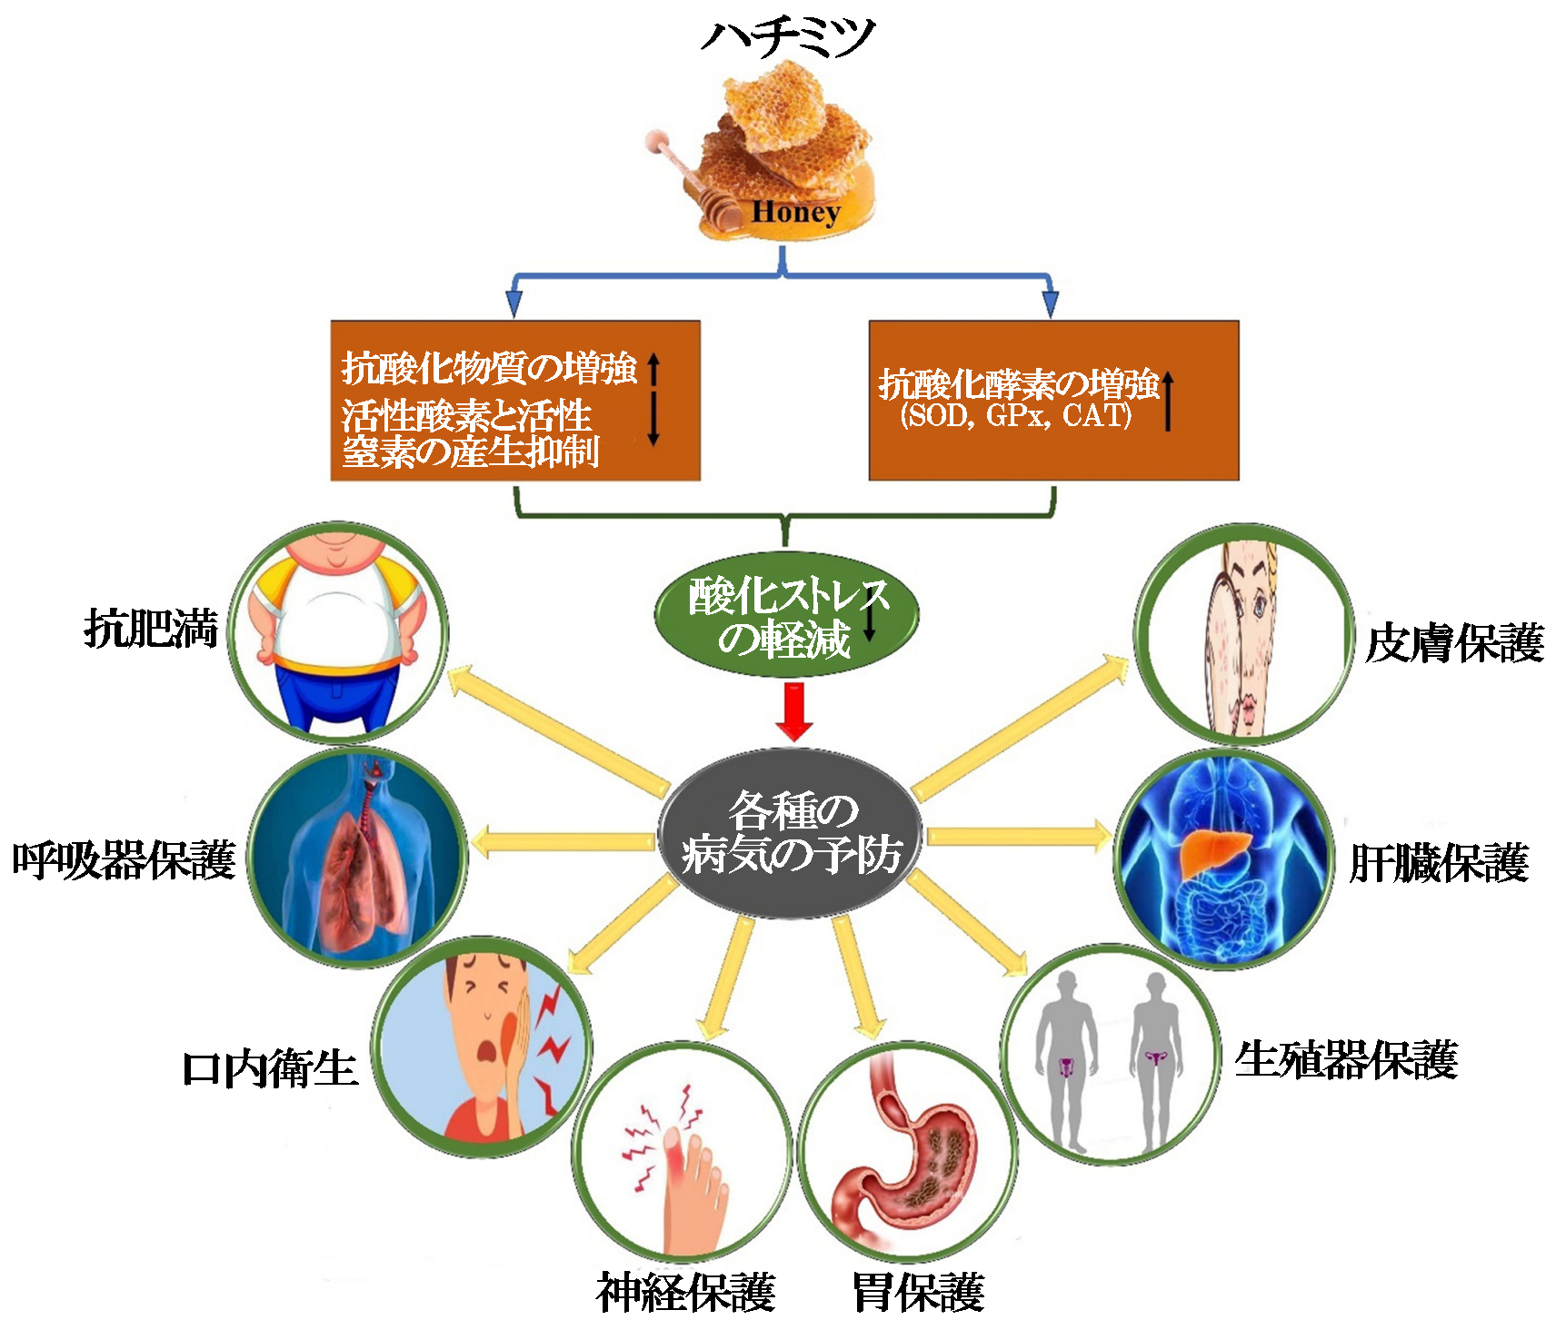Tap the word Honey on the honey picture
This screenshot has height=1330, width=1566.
tap(795, 212)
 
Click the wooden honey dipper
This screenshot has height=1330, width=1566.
tap(691, 177)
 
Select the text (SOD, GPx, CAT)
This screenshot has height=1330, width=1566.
tap(1015, 416)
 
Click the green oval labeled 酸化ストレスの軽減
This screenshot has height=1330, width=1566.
tap(786, 616)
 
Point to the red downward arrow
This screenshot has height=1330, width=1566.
tap(793, 711)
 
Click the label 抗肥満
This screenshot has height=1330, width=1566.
tap(151, 629)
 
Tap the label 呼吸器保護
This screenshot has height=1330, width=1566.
tap(124, 860)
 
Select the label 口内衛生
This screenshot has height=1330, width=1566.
tap(269, 1068)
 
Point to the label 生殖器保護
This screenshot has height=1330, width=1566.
tap(1346, 1059)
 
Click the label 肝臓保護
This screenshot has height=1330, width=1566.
tap(1439, 863)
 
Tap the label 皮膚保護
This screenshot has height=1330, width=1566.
tap(1454, 643)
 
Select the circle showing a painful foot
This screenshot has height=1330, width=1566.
tap(682, 1152)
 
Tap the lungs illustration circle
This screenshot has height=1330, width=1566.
tap(357, 859)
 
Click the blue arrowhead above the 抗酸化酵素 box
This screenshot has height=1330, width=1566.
tap(1051, 304)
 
